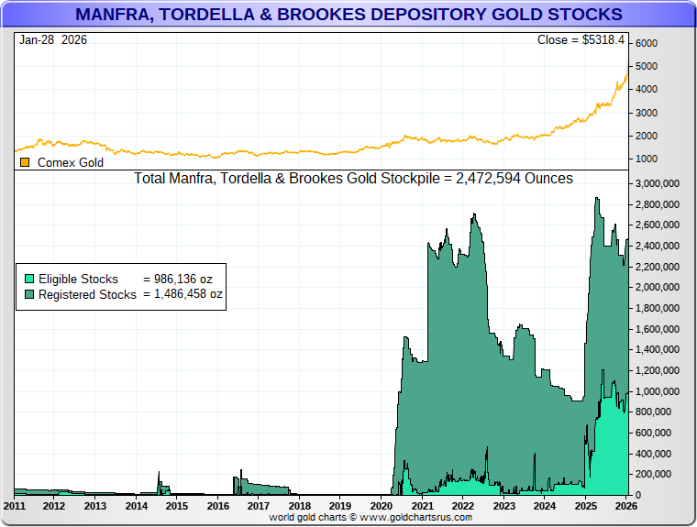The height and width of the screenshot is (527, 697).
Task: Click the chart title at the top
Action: point(348,15)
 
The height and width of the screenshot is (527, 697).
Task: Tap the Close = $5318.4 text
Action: point(580,40)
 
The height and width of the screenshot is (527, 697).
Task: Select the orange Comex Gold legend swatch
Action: point(25,162)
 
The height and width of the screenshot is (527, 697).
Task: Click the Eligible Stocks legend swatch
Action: point(29,279)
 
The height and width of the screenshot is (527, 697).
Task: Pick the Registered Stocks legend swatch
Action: point(29,294)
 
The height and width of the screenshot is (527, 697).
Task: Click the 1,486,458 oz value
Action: point(183,294)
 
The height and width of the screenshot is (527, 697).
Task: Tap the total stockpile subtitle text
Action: point(353,179)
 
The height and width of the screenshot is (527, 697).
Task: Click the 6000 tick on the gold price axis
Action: point(647,44)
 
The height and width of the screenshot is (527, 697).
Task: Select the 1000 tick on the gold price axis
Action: point(647,159)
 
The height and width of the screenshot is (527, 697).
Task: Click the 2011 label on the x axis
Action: point(15,506)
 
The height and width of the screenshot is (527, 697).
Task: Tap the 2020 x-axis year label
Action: point(381,506)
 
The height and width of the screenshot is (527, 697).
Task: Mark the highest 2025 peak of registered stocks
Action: point(597,198)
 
